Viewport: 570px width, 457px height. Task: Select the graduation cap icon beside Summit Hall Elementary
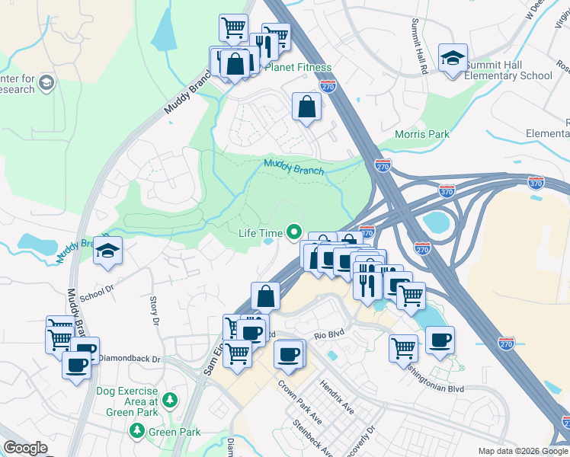pyautogui.click(x=453, y=58)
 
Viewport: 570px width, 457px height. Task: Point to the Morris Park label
pyautogui.click(x=421, y=134)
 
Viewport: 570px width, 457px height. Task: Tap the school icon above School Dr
pyautogui.click(x=108, y=251)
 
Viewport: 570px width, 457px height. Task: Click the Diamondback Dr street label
pyautogui.click(x=130, y=359)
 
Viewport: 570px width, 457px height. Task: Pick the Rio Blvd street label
pyautogui.click(x=331, y=334)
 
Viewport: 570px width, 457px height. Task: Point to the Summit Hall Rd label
pyautogui.click(x=418, y=47)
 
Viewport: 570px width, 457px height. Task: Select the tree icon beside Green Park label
pyautogui.click(x=137, y=432)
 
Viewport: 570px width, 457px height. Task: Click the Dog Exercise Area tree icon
pyautogui.click(x=171, y=399)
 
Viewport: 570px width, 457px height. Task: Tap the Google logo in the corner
pyautogui.click(x=26, y=448)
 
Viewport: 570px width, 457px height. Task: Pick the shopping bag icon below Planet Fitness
pyautogui.click(x=306, y=107)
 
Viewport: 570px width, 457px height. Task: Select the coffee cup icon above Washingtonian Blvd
pyautogui.click(x=439, y=340)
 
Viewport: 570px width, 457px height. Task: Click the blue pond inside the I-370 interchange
pyautogui.click(x=436, y=222)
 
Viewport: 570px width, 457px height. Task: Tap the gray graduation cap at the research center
pyautogui.click(x=46, y=82)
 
